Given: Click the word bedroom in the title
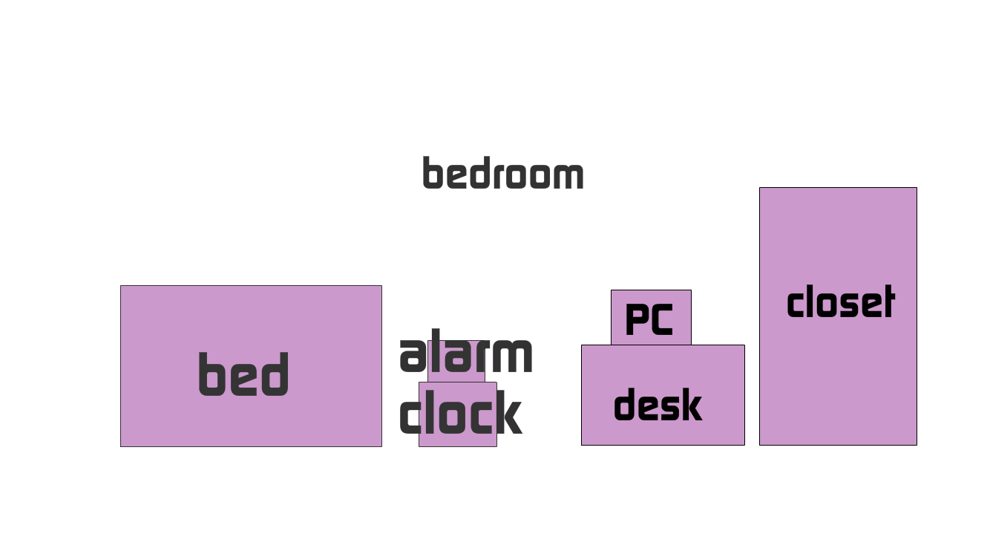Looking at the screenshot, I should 502,174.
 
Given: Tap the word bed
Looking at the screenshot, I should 243,374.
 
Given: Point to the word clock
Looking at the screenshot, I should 460,413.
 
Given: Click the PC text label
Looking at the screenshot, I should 649,319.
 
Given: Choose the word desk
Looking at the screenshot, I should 658,405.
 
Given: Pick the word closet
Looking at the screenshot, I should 840,303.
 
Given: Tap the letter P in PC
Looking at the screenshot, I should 637,319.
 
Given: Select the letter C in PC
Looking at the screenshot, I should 662,319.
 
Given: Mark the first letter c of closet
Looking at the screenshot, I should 795,304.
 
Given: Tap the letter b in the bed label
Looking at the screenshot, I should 211,374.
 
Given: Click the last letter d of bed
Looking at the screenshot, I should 275,374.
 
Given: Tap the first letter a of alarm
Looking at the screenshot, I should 413,356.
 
